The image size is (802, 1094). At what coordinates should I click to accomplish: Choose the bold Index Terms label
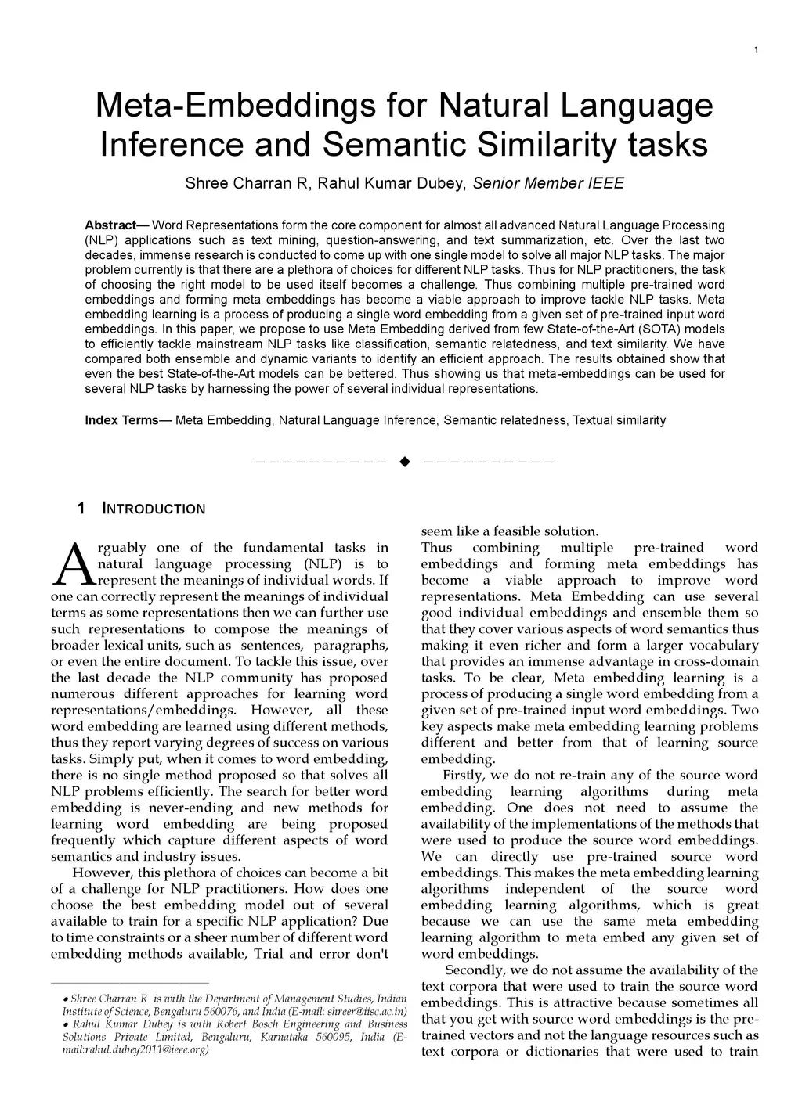click(121, 420)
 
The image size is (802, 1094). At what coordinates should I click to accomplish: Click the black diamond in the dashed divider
click(405, 461)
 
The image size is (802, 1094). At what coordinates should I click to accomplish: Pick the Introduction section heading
click(154, 509)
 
